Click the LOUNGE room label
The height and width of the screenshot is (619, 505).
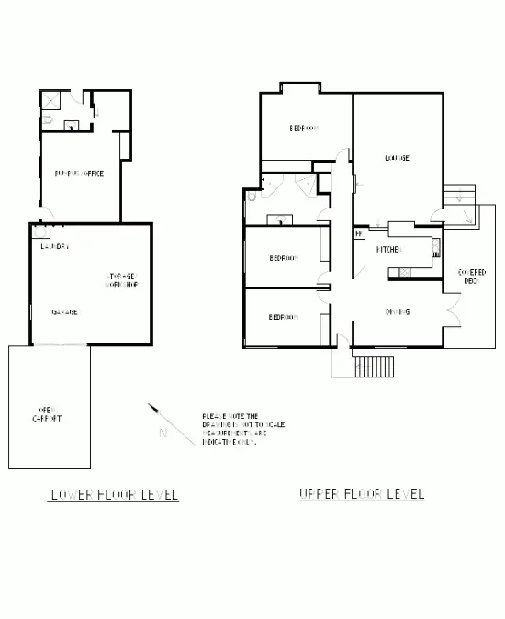pos(397,158)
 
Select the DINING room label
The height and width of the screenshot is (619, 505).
pos(397,312)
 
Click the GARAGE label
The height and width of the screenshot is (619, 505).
pos(64,312)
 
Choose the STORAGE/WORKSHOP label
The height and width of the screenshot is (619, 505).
pos(121,280)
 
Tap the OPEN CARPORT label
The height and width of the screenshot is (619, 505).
pos(48,413)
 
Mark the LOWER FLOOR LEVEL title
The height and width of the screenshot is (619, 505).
pos(114,496)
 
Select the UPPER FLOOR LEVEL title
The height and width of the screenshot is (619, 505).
pos(363,494)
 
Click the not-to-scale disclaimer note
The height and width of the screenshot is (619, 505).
pos(244,429)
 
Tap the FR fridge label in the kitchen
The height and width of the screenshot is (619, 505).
pos(359,234)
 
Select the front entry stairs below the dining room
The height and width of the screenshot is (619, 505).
pos(373,366)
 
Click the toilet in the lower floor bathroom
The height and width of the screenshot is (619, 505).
pos(48,119)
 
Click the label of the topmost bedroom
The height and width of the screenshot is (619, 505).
pos(304,129)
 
